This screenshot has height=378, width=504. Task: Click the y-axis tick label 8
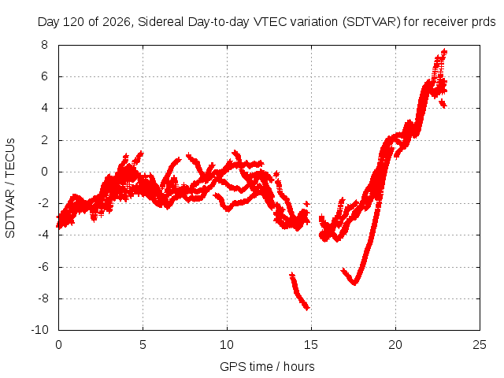44,45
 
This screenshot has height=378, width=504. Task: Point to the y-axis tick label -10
39,330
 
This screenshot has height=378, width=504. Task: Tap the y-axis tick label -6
42,266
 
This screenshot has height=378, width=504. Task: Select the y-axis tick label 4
44,108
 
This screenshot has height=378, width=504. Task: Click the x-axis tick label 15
311,345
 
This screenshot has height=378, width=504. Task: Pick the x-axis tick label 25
480,345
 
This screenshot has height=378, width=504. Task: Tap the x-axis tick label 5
143,345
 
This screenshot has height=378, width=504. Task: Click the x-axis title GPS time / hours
267,366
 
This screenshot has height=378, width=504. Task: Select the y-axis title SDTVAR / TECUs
10,188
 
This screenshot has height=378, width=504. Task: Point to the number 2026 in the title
117,22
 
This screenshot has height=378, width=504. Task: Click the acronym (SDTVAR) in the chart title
371,22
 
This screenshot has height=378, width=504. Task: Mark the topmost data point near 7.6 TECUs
444,50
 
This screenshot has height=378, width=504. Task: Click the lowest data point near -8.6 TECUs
307,308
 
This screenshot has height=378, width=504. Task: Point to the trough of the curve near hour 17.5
354,283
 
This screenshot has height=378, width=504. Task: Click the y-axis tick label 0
44,172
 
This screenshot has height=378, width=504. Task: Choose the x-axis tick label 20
395,345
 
